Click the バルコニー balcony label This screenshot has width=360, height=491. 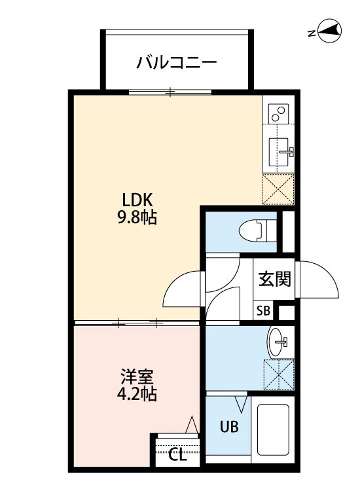(176, 63)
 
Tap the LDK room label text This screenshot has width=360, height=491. (137, 199)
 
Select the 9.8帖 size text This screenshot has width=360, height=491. (137, 217)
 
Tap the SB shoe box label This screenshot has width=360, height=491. (263, 311)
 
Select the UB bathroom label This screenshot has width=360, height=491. (228, 426)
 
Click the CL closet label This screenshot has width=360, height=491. (177, 453)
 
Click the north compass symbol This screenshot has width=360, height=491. (329, 31)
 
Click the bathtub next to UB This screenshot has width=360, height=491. (274, 429)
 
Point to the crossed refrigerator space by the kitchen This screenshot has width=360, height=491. (278, 189)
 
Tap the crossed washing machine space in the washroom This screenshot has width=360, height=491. (278, 375)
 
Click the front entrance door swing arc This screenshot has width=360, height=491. (319, 280)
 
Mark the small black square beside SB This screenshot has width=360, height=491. (285, 312)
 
